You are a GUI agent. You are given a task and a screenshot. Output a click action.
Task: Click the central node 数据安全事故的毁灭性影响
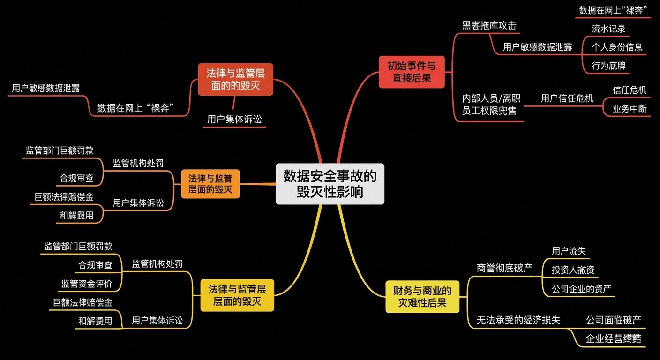(x=330, y=184)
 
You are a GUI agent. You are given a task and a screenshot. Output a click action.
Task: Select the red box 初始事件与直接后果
(x=411, y=72)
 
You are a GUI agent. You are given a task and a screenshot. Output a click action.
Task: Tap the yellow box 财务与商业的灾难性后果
(x=422, y=297)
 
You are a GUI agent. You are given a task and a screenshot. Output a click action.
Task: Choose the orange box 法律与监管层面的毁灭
(x=210, y=184)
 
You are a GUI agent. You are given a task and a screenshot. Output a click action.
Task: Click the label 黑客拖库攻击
(x=489, y=25)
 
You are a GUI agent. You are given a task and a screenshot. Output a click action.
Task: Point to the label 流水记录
(x=608, y=29)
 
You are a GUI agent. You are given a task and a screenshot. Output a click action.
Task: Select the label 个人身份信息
(x=617, y=47)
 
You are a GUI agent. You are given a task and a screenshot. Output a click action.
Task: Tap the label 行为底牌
(x=608, y=66)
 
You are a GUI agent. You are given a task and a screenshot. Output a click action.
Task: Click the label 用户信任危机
(x=567, y=98)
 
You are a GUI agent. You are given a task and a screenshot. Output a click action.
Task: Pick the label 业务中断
(x=629, y=109)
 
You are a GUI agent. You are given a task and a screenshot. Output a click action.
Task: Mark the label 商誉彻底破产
(x=504, y=268)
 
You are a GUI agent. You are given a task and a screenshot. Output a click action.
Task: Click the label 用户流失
(x=569, y=251)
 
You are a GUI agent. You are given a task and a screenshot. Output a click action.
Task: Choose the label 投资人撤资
(x=573, y=270)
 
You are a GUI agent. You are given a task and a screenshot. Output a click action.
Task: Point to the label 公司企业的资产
(x=581, y=288)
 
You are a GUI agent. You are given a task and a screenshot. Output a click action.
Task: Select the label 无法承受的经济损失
(x=518, y=320)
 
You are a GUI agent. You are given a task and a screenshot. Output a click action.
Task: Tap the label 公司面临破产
(x=613, y=320)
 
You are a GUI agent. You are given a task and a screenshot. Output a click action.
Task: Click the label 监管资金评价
(x=87, y=283)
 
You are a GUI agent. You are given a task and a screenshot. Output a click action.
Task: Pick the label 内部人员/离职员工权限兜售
(x=491, y=104)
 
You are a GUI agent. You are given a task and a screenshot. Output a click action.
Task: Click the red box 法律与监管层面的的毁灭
(x=235, y=79)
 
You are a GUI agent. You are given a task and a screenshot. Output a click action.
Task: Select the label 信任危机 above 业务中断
(x=629, y=90)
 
